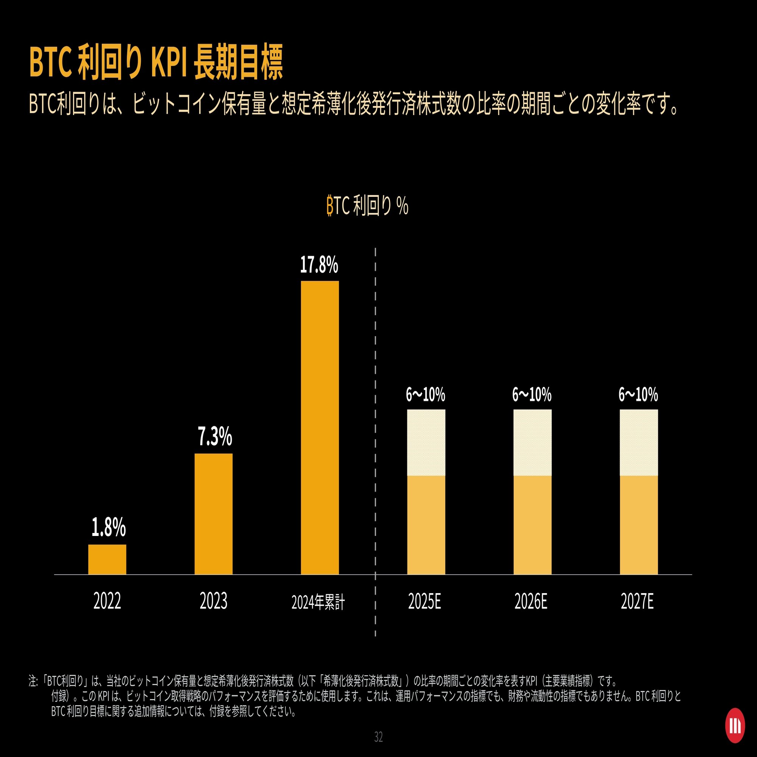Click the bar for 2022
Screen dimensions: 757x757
107,559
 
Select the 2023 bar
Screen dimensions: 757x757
213,514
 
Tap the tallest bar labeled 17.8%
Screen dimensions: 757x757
320,427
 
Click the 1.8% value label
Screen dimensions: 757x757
109,527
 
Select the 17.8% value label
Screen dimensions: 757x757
319,265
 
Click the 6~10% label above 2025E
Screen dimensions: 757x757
425,394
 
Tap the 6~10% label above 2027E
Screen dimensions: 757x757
638,394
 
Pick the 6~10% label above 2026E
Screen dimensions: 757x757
532,394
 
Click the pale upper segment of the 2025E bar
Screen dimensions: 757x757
426,442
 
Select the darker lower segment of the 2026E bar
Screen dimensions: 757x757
533,525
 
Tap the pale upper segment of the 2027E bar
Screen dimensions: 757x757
639,442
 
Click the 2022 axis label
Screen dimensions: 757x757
107,601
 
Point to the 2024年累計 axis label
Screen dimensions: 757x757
318,602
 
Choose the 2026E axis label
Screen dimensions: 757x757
531,601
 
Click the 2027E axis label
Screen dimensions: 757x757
637,601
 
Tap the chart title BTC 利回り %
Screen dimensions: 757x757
368,205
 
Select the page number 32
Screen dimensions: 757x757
378,737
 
